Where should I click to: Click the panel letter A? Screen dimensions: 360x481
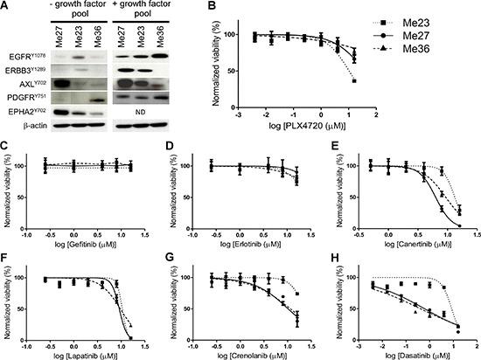7,7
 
